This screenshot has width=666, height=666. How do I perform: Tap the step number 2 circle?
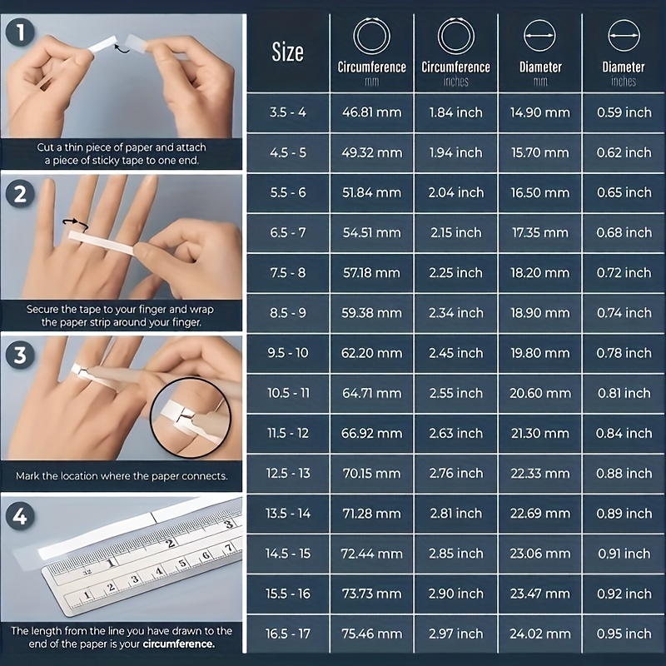(x=17, y=194)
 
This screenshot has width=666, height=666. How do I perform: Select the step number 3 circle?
(x=17, y=355)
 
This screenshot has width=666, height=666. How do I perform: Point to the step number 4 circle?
(x=17, y=517)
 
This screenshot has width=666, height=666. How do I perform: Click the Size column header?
(x=288, y=52)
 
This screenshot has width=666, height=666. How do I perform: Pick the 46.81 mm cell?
(x=371, y=112)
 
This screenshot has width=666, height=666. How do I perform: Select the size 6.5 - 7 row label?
(x=288, y=232)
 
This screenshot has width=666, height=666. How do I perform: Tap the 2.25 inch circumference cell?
(x=455, y=272)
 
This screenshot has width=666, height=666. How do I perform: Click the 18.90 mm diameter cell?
(x=539, y=313)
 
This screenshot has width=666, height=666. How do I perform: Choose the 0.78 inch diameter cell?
(x=624, y=353)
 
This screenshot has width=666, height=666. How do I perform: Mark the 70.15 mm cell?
(x=371, y=473)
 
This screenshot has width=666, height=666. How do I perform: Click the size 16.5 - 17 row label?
(x=288, y=634)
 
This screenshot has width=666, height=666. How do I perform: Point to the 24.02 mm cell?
(x=539, y=634)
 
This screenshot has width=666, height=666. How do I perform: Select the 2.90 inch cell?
(x=455, y=594)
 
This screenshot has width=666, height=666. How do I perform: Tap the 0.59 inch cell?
(x=624, y=112)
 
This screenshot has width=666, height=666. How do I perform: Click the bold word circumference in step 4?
(x=179, y=644)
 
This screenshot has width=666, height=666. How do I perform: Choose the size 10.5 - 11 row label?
(x=288, y=393)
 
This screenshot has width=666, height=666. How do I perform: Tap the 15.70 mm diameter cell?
(x=539, y=152)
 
